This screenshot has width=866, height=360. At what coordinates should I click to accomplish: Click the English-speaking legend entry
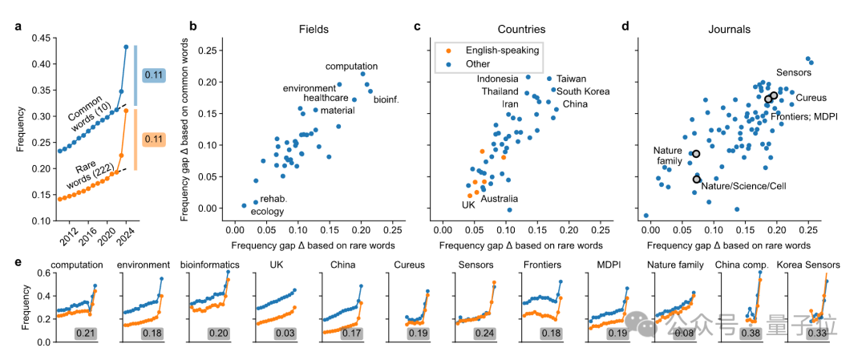tap(495, 50)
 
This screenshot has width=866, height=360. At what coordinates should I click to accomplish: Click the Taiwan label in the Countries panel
tap(571, 79)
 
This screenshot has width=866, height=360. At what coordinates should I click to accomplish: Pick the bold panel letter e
tap(18, 262)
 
